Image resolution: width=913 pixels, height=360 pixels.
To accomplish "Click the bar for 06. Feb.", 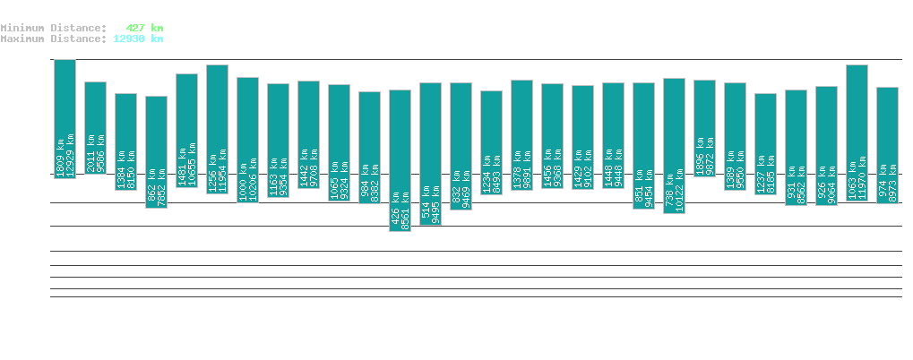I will [65, 118].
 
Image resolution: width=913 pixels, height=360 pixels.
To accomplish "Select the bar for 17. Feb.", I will [400, 160].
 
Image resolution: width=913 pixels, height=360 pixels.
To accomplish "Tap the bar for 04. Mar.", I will [857, 133].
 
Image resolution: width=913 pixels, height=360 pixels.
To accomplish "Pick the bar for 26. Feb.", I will [674, 145].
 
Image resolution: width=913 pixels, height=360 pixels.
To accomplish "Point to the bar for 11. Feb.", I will [217, 129].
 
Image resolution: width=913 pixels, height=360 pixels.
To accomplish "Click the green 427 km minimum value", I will [144, 28].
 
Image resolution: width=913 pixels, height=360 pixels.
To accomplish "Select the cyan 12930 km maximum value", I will [138, 39].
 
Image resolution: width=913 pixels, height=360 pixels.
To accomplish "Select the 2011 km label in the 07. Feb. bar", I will [90, 149].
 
